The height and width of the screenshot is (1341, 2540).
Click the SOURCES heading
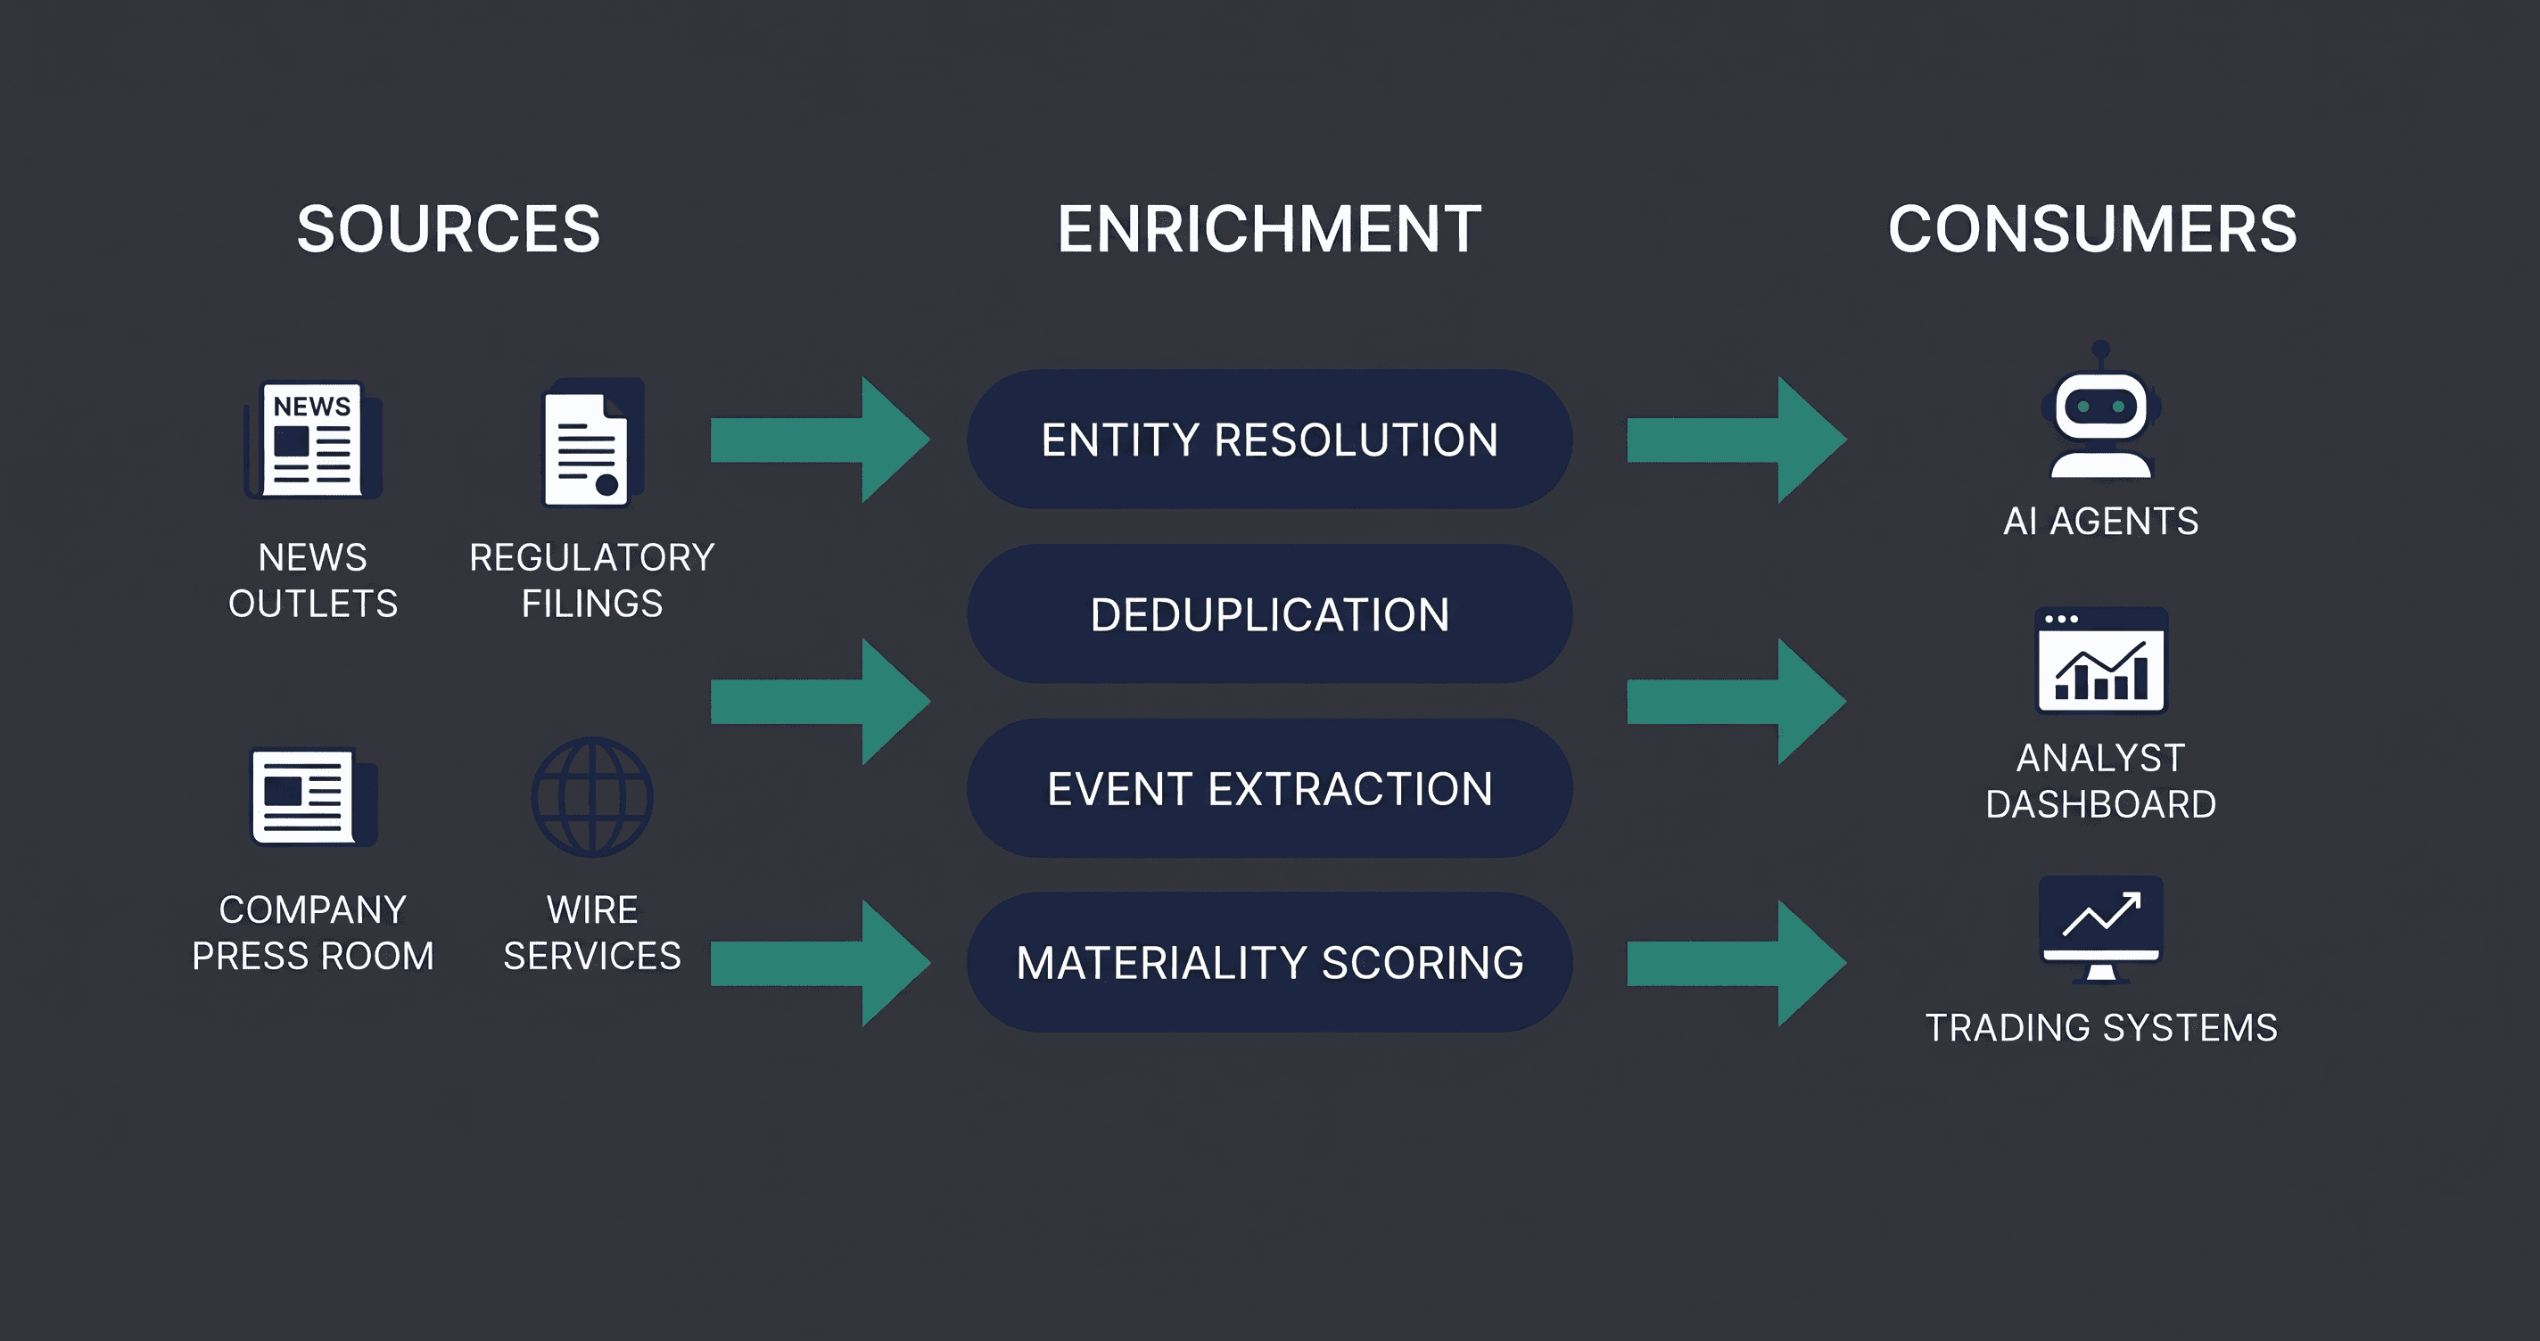[449, 229]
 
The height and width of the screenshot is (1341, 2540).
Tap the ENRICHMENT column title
[1269, 229]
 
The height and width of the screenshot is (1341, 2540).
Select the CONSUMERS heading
[2092, 229]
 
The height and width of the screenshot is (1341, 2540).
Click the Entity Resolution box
[1269, 439]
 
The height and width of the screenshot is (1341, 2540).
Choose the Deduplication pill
[1269, 613]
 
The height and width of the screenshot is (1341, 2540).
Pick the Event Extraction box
[1269, 788]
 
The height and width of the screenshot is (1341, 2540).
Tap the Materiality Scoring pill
[1269, 962]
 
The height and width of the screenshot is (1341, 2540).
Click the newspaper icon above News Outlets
[312, 440]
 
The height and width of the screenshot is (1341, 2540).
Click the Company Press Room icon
[314, 797]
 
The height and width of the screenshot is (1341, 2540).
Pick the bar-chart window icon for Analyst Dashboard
[2101, 660]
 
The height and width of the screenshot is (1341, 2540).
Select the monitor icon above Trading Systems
[2101, 929]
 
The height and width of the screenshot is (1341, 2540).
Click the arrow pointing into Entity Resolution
[821, 440]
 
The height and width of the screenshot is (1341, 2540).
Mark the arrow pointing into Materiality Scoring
[821, 963]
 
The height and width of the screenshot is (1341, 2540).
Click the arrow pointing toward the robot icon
[1736, 440]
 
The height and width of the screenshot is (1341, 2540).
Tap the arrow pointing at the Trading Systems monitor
[1736, 963]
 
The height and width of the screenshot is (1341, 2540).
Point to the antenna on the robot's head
[2101, 354]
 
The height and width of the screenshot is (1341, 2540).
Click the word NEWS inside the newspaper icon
[311, 407]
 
